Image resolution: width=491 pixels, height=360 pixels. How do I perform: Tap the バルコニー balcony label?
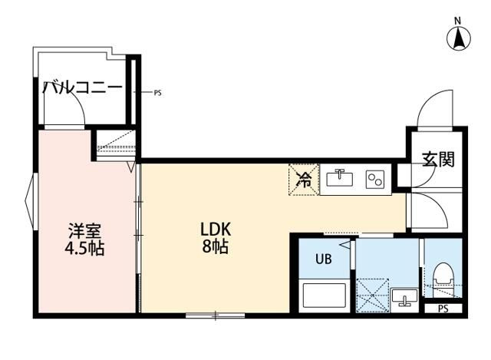[x=82, y=87]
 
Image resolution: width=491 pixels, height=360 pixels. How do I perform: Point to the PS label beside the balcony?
[x=157, y=94]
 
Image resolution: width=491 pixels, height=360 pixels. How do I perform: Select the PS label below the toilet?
[x=442, y=309]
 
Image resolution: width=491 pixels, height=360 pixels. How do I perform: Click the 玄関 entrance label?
[x=437, y=159]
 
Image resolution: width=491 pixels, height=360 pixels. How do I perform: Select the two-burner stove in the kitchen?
[x=375, y=180]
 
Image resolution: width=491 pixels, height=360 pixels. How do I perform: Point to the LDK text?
[x=216, y=230]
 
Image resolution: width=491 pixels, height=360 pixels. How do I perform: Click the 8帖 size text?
[x=216, y=247]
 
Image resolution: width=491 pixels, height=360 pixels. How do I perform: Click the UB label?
[x=324, y=259]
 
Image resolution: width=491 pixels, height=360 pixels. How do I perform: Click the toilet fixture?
[x=443, y=276]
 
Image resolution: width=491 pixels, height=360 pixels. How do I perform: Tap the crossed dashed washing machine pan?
[x=373, y=294]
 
